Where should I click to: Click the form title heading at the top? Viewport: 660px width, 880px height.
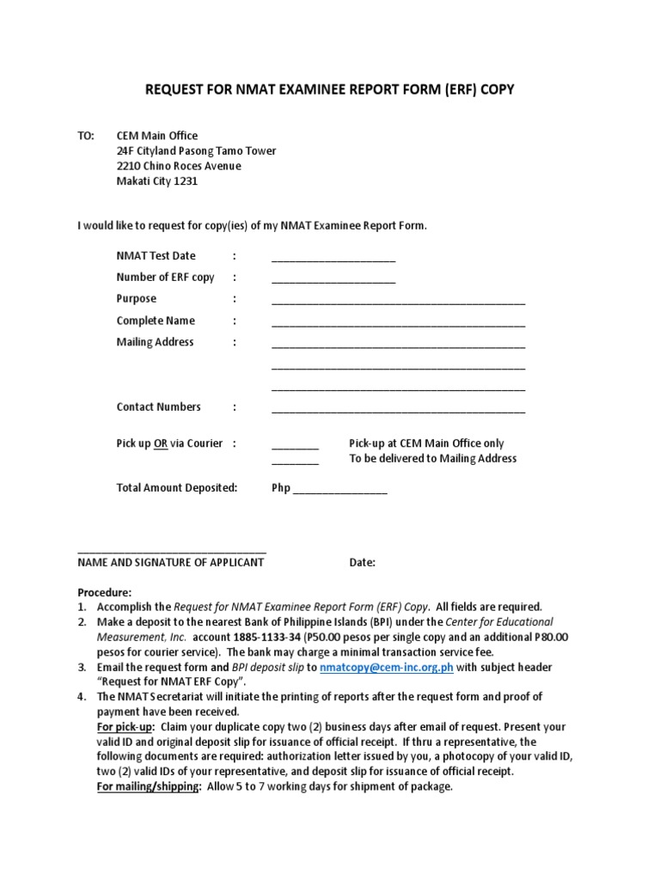tap(330, 89)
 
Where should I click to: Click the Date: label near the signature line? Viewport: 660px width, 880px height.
tap(362, 563)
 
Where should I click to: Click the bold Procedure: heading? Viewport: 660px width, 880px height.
tap(105, 593)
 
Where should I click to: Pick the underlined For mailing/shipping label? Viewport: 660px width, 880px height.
tap(149, 787)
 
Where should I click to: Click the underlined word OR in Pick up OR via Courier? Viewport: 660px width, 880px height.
tap(161, 444)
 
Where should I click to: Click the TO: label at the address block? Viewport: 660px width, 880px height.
tap(87, 136)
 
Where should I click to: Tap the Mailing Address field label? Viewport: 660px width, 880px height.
tap(155, 342)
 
